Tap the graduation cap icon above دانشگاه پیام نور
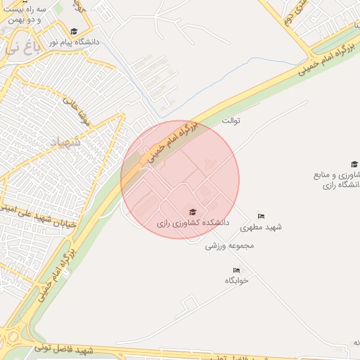tap(74, 31)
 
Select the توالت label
tap(231, 121)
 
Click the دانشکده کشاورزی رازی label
tap(193, 223)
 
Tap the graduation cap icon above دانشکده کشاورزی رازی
tap(193, 212)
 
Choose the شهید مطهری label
tap(260, 227)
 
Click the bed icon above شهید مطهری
tap(261, 216)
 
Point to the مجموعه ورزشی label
tap(229, 246)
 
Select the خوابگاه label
tap(237, 280)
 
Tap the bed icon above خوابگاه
tap(237, 270)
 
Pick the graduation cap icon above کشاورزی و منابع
tap(354, 165)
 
